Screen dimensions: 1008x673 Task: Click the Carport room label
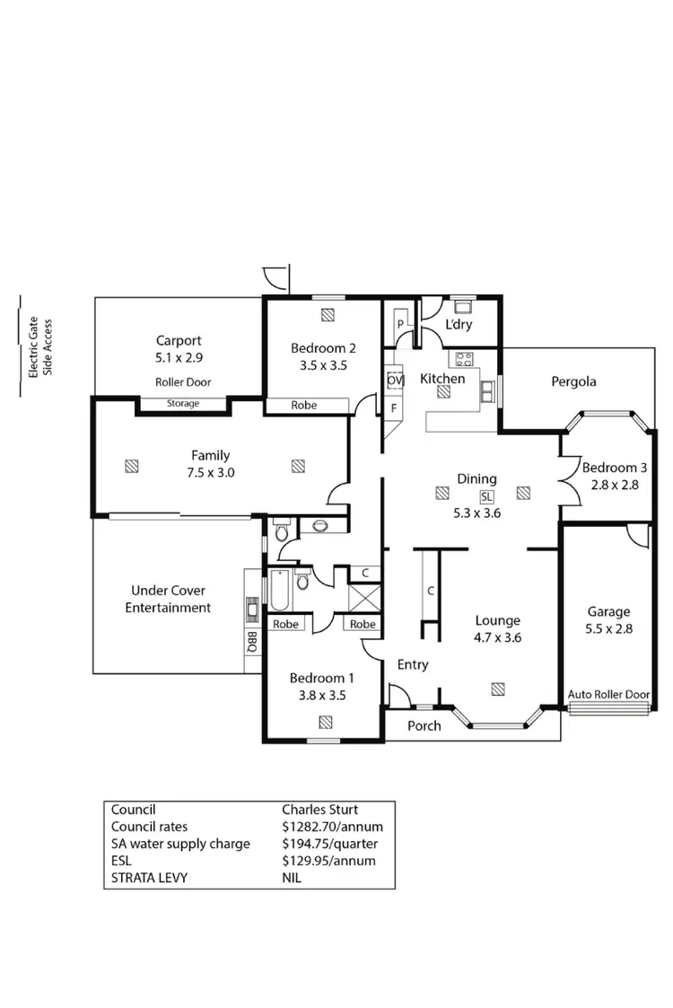tap(179, 340)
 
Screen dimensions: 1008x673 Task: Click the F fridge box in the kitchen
tap(393, 408)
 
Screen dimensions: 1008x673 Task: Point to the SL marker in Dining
tap(486, 496)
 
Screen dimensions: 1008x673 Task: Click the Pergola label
tap(573, 381)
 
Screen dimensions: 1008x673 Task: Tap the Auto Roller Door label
tap(608, 695)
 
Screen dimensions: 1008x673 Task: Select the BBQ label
tap(252, 642)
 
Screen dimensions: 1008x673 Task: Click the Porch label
tap(424, 725)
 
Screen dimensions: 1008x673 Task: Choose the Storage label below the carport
tap(183, 404)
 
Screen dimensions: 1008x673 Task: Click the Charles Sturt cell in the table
tap(319, 810)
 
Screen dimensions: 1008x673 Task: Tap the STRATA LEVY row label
tap(149, 878)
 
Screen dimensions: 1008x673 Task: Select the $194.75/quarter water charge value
tap(329, 844)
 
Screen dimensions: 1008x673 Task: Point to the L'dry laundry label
tap(459, 325)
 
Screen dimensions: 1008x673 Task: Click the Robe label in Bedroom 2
tap(303, 406)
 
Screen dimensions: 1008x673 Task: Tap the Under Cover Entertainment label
tap(168, 600)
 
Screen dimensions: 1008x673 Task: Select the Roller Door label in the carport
tap(183, 381)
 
